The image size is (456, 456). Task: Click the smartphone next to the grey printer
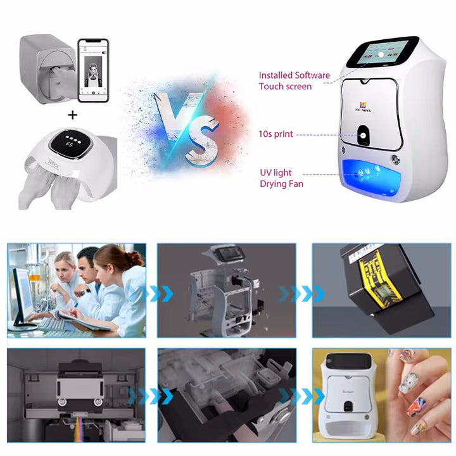(x=93, y=68)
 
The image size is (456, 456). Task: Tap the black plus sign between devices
(x=73, y=115)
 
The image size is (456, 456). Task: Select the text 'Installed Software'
(x=294, y=75)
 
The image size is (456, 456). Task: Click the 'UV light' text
(x=275, y=173)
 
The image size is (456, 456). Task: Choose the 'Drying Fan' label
(x=281, y=184)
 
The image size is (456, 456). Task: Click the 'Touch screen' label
(x=285, y=86)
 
